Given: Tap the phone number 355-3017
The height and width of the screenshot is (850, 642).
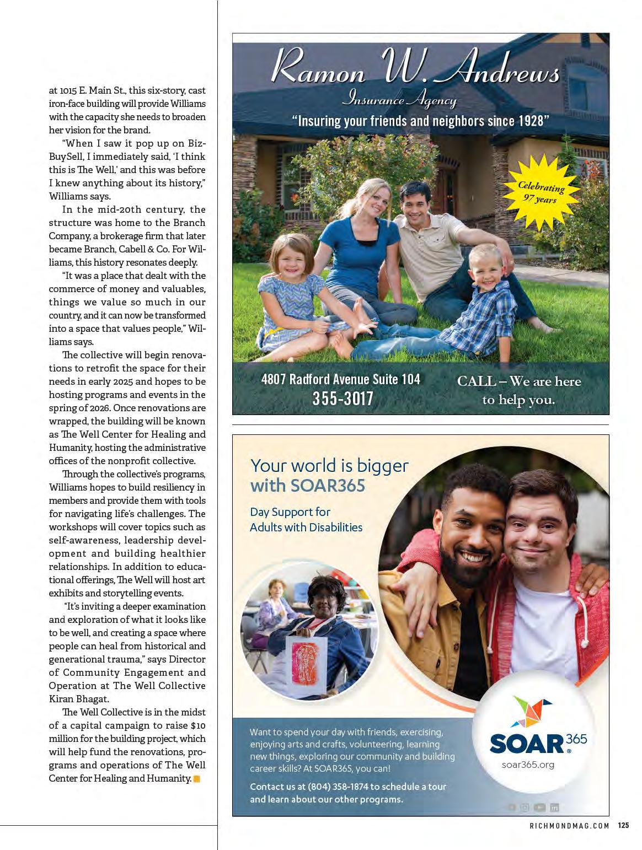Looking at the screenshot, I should [343, 399].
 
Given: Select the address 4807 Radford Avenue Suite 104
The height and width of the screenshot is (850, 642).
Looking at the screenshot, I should [340, 379].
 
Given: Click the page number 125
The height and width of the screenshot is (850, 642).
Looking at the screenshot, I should [623, 825].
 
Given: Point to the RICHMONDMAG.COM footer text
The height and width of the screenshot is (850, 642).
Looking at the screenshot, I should [569, 825].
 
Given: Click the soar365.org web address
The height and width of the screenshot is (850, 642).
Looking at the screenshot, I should [528, 765].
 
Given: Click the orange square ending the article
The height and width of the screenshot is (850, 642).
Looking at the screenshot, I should [196, 779].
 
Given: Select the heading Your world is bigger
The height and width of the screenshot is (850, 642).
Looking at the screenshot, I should [329, 466].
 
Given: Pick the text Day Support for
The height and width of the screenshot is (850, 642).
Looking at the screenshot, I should [290, 512].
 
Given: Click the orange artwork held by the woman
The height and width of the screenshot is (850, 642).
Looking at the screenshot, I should [305, 653].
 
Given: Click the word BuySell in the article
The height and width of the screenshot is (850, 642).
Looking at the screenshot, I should [65, 157].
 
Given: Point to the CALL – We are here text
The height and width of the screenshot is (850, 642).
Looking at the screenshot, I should [518, 381].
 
